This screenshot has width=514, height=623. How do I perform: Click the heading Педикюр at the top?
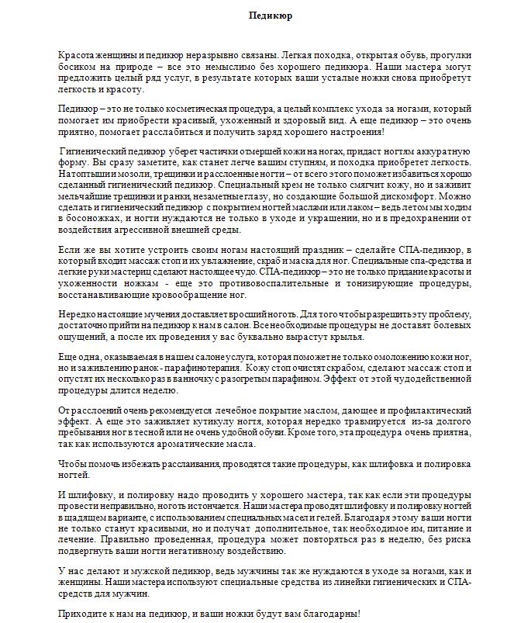pyautogui.click(x=271, y=16)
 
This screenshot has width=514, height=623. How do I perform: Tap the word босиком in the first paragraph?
pyautogui.click(x=77, y=68)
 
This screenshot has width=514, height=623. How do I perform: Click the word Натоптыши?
pyautogui.click(x=81, y=175)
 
